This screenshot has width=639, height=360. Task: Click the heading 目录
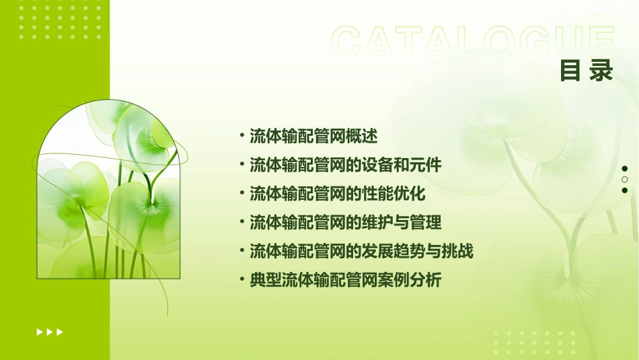(x=586, y=71)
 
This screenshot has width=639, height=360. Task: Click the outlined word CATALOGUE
(x=473, y=42)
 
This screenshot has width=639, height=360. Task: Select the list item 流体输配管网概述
(x=313, y=136)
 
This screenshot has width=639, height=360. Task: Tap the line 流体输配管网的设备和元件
(x=345, y=165)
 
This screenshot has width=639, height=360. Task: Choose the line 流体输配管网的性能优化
(x=337, y=194)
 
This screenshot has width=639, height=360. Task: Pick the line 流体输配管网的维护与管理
(x=345, y=222)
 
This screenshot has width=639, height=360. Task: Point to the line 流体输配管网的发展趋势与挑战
(x=361, y=251)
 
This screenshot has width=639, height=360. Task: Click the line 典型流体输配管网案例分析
(x=345, y=280)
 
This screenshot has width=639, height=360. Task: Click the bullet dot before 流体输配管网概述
(x=242, y=136)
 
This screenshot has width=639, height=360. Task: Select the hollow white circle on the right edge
(x=624, y=180)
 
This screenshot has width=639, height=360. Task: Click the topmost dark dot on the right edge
(x=624, y=169)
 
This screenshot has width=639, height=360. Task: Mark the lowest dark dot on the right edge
(x=624, y=190)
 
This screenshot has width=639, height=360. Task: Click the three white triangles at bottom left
(x=49, y=332)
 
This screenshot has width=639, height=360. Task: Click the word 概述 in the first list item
(x=362, y=136)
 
